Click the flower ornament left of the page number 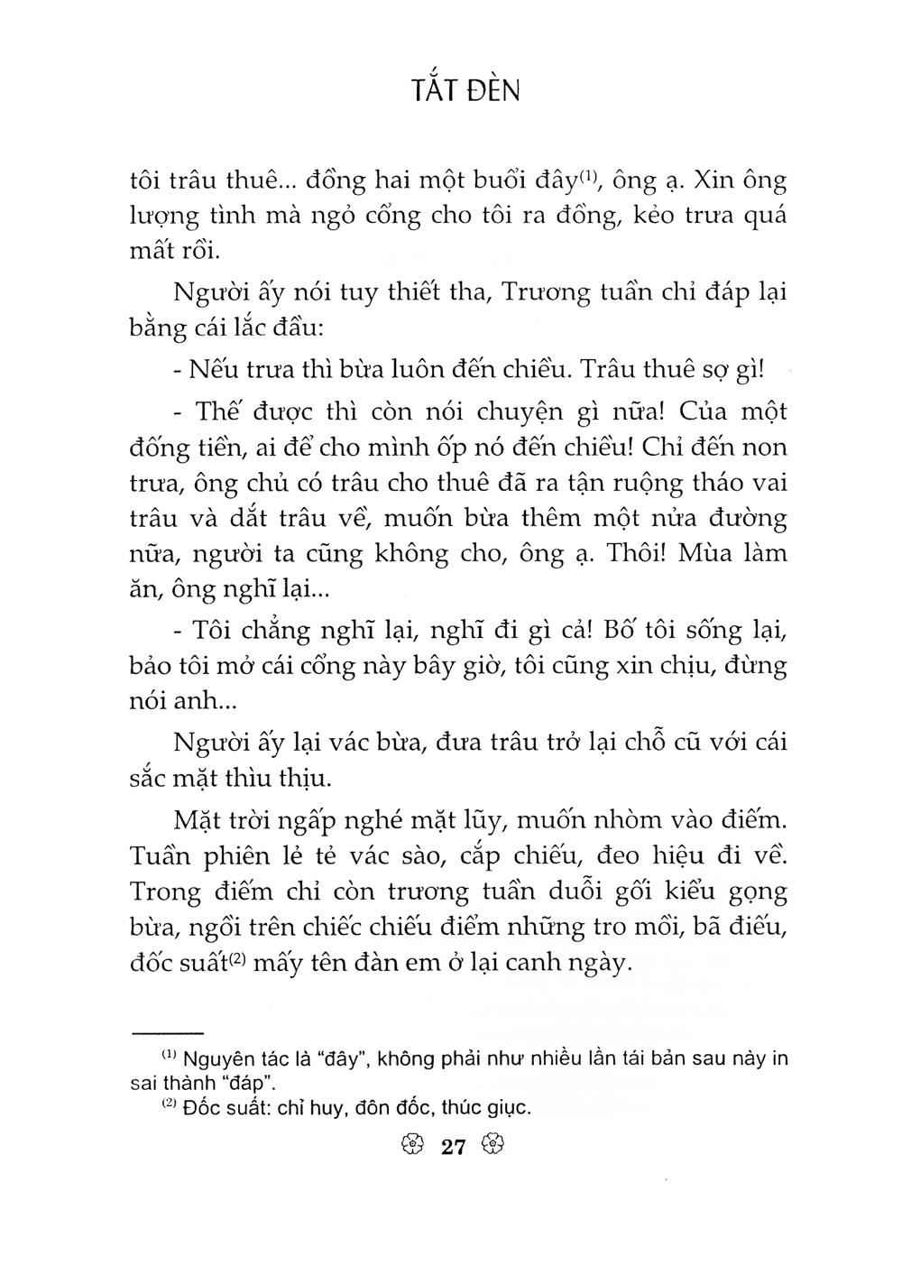pyautogui.click(x=410, y=1148)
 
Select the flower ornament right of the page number pyautogui.click(x=492, y=1148)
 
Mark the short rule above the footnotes pyautogui.click(x=169, y=1031)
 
